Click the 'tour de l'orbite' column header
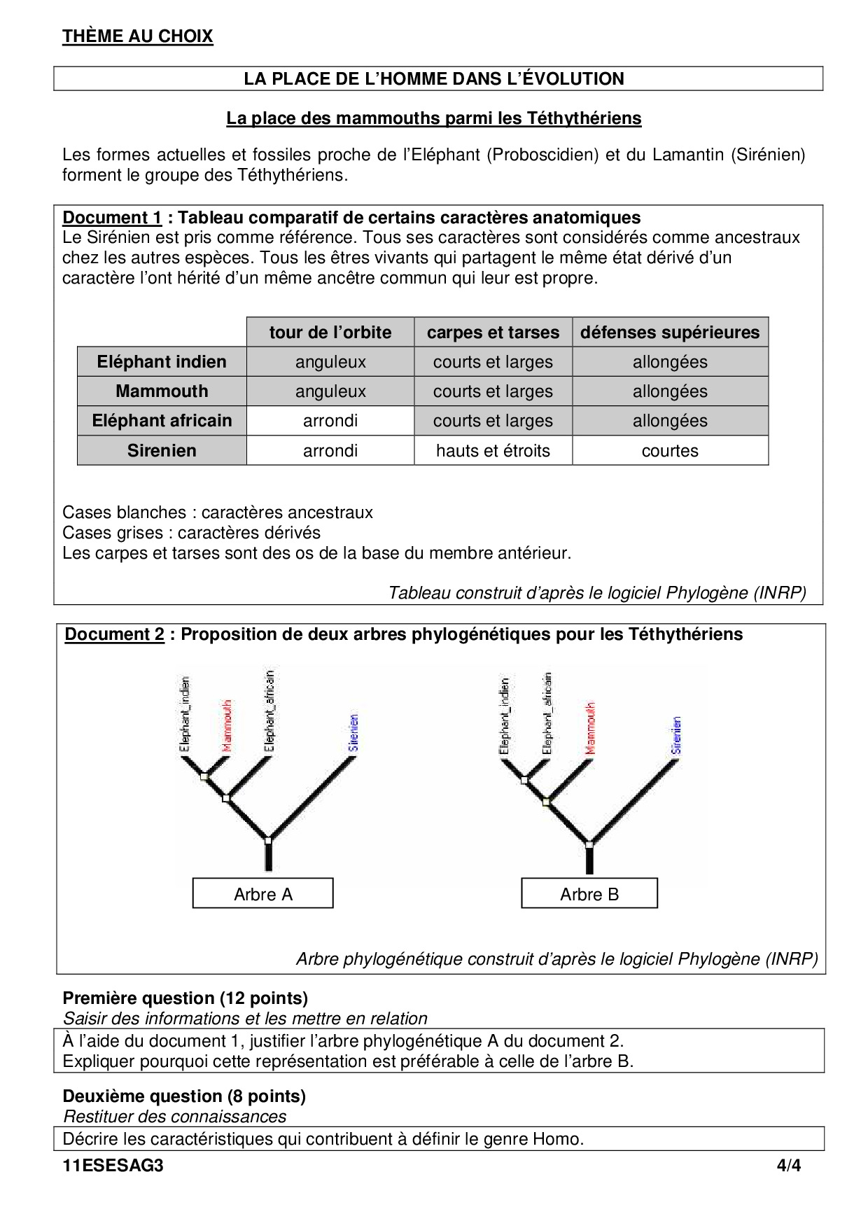click(330, 333)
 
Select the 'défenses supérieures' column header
click(670, 333)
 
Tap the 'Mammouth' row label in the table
click(162, 391)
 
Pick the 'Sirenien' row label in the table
click(162, 451)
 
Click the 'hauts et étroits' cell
click(493, 451)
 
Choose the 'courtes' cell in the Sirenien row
click(670, 451)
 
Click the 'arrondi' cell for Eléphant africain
click(330, 421)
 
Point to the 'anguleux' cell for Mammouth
click(330, 391)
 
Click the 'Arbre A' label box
click(263, 894)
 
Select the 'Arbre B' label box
click(589, 894)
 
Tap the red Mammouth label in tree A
click(226, 725)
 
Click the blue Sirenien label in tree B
click(676, 734)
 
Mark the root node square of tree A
click(267, 839)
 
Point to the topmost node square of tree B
click(524, 780)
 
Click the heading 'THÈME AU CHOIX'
click(137, 36)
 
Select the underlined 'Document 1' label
click(112, 218)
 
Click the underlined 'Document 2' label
click(114, 634)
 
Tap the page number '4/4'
click(788, 1166)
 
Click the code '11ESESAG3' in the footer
click(113, 1166)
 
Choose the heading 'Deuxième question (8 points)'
click(184, 1096)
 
